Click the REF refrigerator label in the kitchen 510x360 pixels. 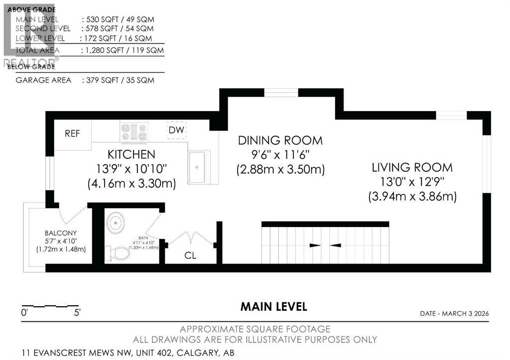(72, 134)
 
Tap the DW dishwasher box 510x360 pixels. (176, 130)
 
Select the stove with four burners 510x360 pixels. (134, 132)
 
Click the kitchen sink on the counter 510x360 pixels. (199, 167)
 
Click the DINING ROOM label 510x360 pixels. (280, 140)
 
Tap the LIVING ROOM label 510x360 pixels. (412, 167)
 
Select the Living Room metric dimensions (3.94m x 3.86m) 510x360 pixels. (412, 196)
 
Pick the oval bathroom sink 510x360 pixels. (117, 223)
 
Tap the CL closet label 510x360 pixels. (190, 256)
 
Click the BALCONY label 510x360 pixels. (60, 233)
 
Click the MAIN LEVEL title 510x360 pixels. (273, 307)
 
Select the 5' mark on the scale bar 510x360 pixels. (77, 313)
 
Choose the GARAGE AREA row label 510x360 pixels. (43, 80)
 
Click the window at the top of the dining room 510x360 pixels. (281, 92)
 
